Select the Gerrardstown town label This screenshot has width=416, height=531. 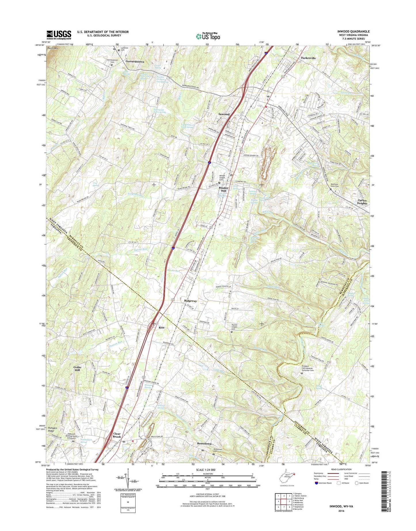[x=135, y=62]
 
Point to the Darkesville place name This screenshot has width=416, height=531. [x=308, y=58]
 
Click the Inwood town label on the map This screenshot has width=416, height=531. [x=224, y=114]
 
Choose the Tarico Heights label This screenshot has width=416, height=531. [x=362, y=202]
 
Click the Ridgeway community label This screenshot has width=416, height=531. [x=191, y=301]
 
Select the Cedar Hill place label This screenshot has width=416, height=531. [x=77, y=369]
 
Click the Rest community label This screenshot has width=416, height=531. [x=162, y=327]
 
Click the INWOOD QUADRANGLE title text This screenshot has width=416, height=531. [x=354, y=31]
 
